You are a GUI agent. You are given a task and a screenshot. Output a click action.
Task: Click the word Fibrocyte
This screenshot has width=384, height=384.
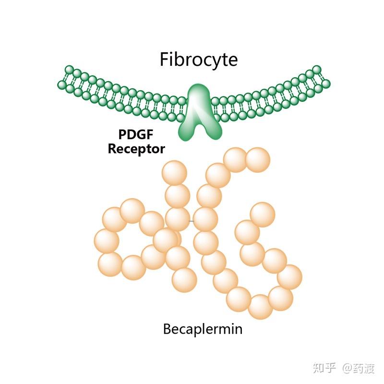click(199, 60)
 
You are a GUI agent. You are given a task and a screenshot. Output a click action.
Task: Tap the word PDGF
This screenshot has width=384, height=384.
click(136, 134)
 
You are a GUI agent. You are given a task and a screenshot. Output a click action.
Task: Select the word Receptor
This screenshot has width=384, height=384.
click(136, 149)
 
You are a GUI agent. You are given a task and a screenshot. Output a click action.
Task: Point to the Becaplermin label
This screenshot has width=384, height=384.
click(203, 329)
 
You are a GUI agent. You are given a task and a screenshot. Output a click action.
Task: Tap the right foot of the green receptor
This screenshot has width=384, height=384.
click(214, 132)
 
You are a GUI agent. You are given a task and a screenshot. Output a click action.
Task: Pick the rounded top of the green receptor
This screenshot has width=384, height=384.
click(199, 91)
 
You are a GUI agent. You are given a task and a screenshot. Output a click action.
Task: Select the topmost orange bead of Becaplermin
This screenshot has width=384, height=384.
click(236, 160)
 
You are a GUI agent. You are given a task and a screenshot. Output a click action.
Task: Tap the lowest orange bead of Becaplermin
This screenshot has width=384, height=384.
click(260, 307)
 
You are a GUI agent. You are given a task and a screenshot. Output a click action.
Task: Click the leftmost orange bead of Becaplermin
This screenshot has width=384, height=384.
click(107, 241)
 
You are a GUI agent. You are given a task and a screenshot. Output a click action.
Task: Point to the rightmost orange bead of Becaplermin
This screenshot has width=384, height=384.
click(290, 277)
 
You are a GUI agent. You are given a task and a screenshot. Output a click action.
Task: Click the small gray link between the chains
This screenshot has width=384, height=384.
click(191, 221)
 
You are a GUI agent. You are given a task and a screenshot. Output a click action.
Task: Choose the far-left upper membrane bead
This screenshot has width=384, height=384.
click(69, 69)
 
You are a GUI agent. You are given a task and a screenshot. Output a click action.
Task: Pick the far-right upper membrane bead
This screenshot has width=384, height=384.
click(317, 70)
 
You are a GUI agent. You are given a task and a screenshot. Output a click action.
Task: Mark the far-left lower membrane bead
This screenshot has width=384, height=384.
click(62, 85)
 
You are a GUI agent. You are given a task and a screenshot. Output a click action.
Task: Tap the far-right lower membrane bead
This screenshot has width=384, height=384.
click(326, 84)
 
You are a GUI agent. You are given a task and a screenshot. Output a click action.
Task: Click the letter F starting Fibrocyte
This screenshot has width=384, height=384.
click(164, 59)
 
